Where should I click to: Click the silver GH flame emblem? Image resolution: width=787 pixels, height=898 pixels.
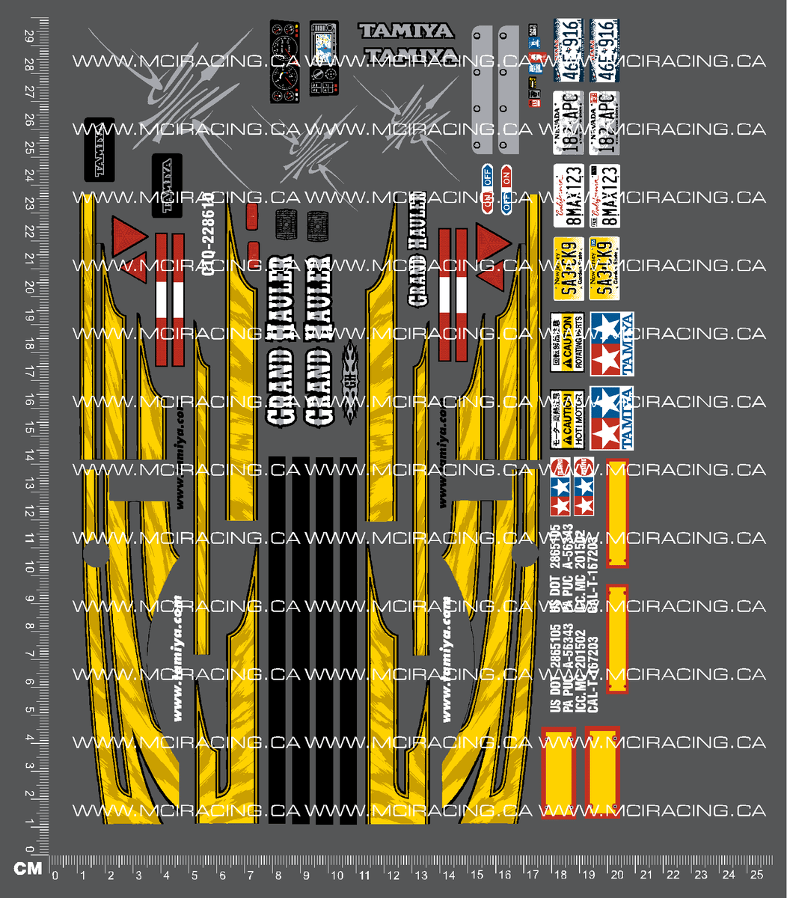point(350,384)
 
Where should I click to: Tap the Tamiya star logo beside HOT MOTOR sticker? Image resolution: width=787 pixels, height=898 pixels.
point(610,418)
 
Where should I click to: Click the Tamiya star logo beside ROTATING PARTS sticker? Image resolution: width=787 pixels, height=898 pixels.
point(610,343)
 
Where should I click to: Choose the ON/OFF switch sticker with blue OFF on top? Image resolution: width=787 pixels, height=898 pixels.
point(489,189)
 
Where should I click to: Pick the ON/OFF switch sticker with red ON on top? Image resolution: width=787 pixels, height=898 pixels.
point(506,189)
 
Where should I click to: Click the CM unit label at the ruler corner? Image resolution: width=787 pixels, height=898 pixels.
point(27,869)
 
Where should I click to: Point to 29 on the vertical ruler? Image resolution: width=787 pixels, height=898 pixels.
point(28,36)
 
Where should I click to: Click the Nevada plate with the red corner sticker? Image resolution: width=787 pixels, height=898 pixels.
point(603,122)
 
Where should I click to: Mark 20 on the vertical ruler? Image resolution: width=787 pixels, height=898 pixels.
point(28,288)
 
